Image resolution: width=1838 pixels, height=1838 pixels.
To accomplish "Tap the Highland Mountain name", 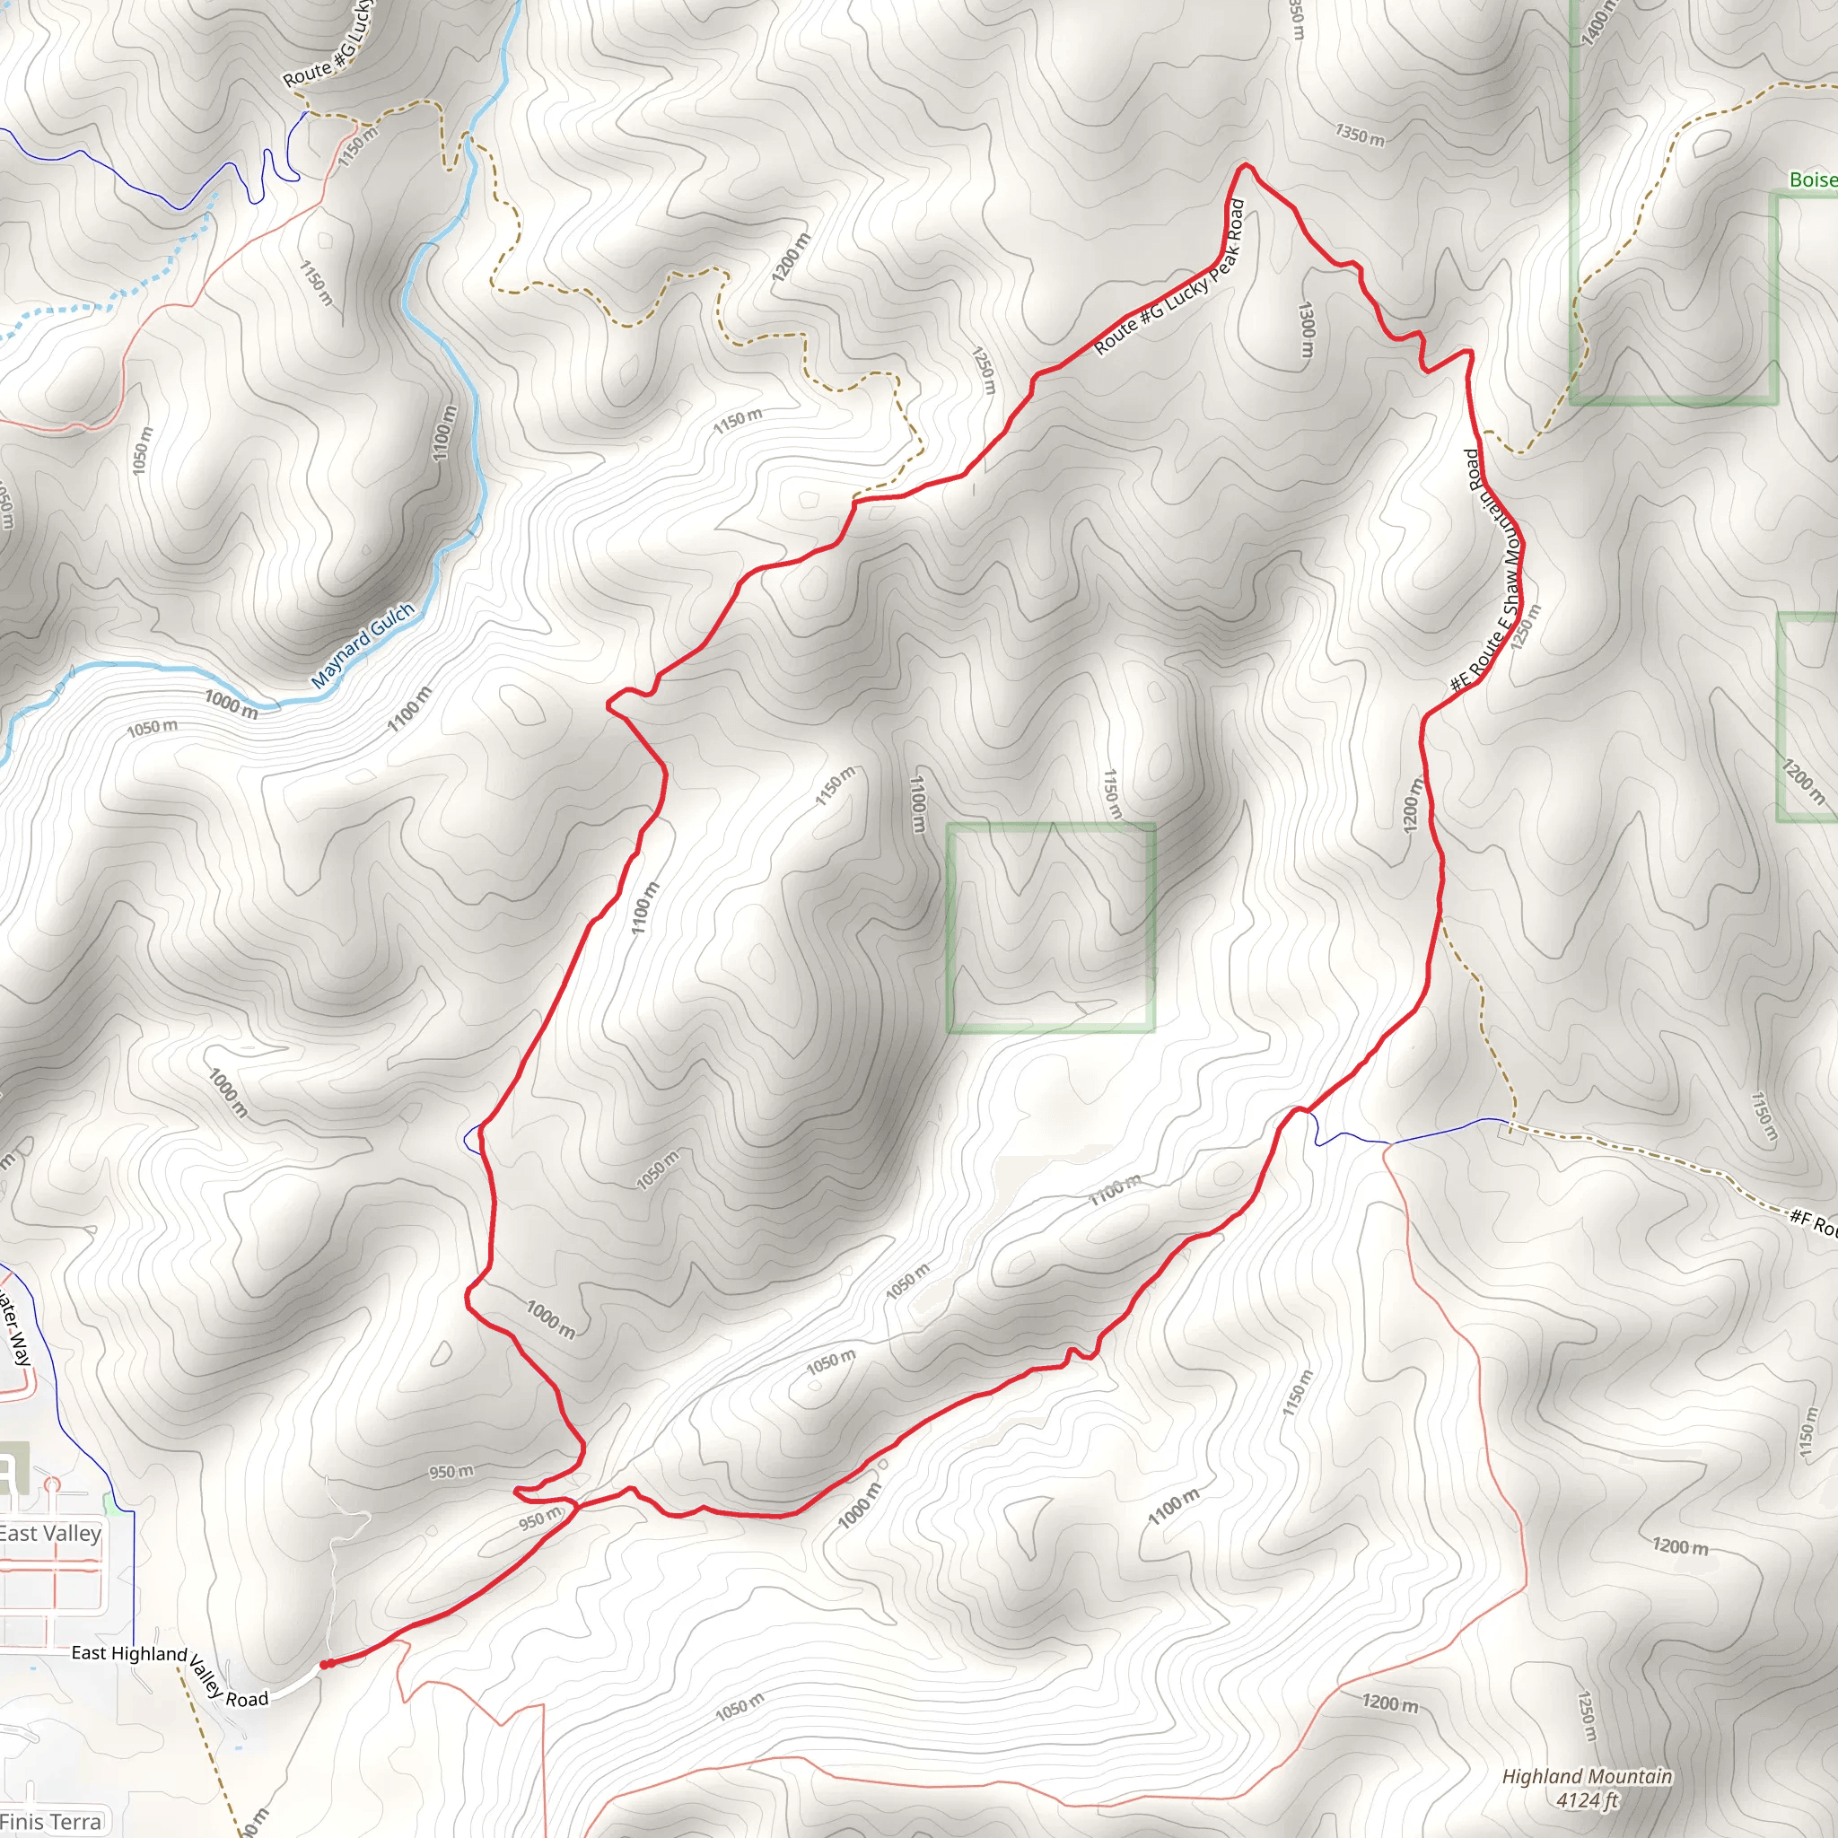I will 1586,1775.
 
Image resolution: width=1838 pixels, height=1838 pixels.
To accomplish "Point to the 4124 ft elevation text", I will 1587,1799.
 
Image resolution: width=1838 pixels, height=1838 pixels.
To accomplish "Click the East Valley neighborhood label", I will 49,1533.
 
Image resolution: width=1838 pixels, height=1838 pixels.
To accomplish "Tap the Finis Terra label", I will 50,1821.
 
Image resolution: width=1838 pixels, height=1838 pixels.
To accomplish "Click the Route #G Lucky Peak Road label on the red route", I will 1171,276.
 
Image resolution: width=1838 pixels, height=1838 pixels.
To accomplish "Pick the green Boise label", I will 1812,179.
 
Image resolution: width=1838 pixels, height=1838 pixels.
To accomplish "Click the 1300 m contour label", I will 1306,330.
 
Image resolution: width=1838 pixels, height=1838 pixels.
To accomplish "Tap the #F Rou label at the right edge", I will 1812,1222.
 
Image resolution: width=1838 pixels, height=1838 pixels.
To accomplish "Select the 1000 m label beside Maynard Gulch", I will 232,704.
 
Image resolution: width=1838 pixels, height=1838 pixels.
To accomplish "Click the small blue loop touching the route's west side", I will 471,1139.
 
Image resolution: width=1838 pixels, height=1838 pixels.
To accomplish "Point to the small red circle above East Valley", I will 51,1484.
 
